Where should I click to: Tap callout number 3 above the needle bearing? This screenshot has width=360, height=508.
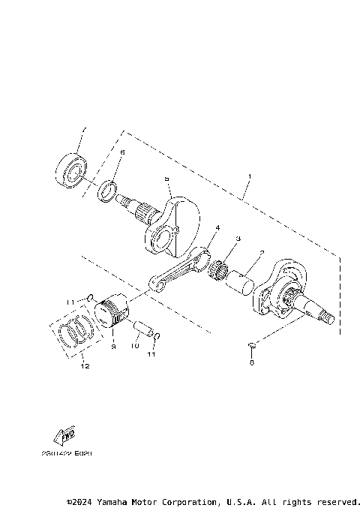tap(238, 239)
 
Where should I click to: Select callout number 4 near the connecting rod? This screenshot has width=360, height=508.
tap(217, 227)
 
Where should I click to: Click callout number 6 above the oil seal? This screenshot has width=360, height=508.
tap(123, 153)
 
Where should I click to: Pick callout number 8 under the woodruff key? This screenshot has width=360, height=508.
tap(252, 362)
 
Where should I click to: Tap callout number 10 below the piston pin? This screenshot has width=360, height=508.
tap(136, 347)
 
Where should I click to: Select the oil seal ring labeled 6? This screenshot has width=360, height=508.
tap(109, 191)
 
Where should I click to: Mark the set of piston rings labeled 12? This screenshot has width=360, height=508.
tap(76, 331)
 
